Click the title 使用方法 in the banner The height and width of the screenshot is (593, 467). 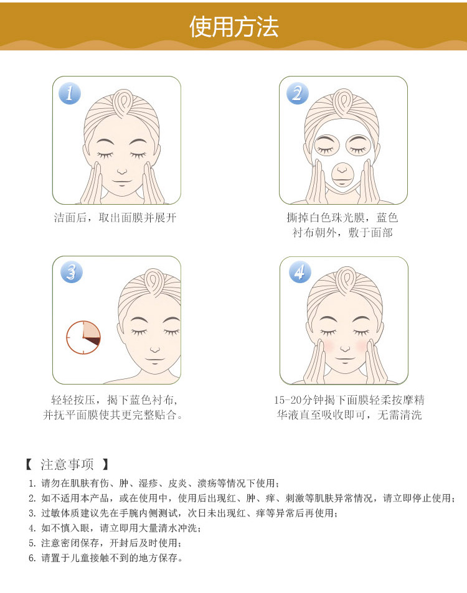click(234, 27)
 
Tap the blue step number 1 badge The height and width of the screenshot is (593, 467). click(70, 93)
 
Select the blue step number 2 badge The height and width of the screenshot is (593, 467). click(298, 93)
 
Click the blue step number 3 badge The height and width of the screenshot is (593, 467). click(71, 273)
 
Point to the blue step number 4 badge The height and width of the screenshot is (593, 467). click(300, 273)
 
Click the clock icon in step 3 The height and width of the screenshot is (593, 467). click(83, 337)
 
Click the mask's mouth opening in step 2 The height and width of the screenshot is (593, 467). click(342, 175)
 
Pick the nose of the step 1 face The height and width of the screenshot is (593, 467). click(122, 171)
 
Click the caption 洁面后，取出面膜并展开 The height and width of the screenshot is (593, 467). click(115, 218)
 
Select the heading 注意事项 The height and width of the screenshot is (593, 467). click(67, 464)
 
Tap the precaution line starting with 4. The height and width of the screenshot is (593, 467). click(115, 528)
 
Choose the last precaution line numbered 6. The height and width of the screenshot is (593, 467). click(106, 558)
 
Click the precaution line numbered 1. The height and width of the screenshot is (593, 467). click(154, 483)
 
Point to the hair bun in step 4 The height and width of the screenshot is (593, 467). click(345, 280)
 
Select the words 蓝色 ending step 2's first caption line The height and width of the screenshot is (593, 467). click(387, 218)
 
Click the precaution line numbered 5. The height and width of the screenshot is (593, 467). click(105, 543)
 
